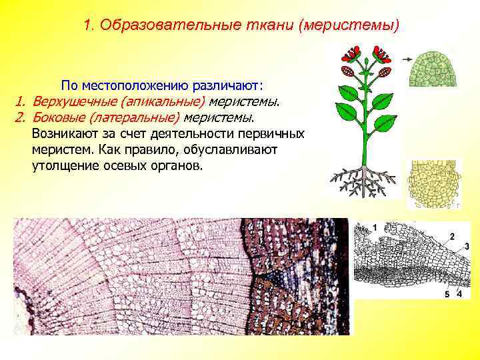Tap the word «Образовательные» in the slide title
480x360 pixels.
(x=163, y=26)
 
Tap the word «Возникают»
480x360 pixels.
(x=63, y=134)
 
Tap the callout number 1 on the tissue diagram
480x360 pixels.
(x=375, y=228)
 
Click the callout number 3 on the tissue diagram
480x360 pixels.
(x=467, y=247)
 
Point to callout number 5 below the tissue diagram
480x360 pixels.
(x=447, y=294)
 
